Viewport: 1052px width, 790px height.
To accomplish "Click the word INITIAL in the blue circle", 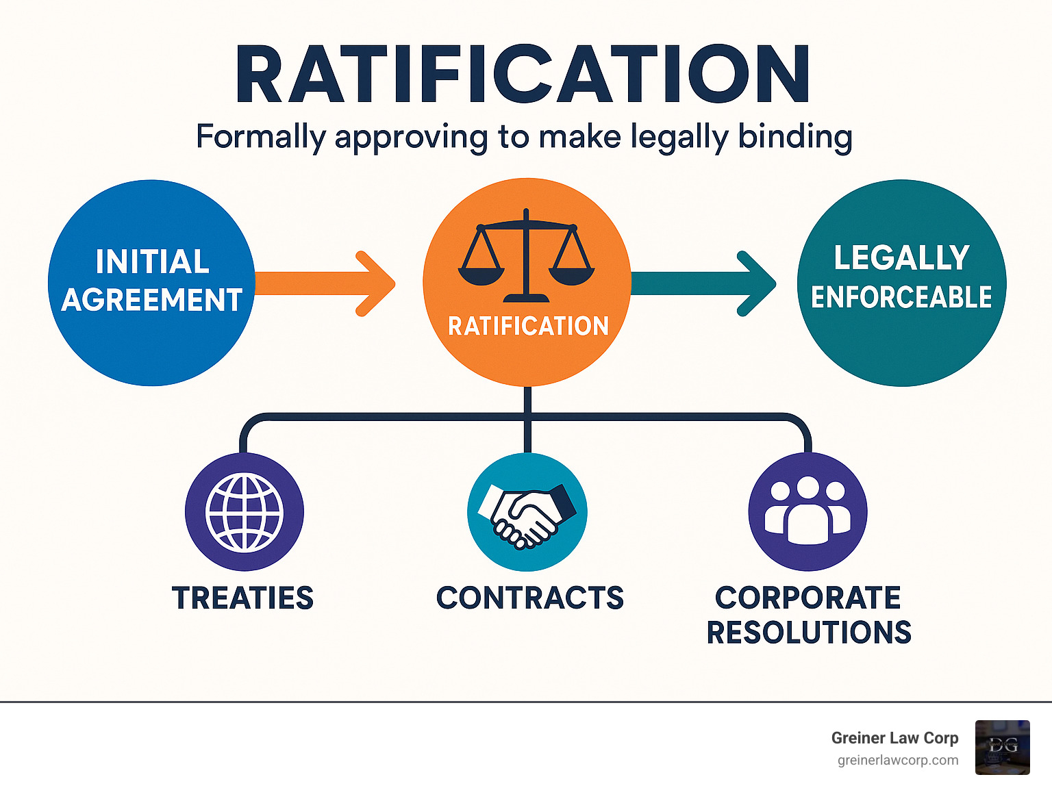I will (152, 262).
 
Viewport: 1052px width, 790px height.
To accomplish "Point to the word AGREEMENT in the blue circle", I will (152, 300).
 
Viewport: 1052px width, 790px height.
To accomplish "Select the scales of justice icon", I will (526, 256).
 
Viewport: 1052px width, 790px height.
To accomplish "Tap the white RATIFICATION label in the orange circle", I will (528, 326).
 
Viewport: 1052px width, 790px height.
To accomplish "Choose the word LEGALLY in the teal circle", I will (901, 258).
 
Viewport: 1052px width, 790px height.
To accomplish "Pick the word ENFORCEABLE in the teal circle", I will (901, 298).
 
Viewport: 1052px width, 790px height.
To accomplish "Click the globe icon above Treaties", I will (245, 512).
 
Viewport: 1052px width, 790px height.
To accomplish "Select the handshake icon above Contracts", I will (527, 513).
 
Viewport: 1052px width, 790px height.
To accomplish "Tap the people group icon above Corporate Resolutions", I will (807, 512).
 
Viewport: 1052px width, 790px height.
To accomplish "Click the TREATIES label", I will (242, 598).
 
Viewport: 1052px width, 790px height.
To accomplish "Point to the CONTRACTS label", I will (530, 598).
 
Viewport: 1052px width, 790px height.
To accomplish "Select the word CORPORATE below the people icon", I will (808, 598).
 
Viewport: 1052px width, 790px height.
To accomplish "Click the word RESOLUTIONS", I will (809, 633).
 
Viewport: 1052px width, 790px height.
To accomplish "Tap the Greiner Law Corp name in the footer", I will (894, 738).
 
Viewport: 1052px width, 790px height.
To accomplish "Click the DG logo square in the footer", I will (1003, 747).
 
